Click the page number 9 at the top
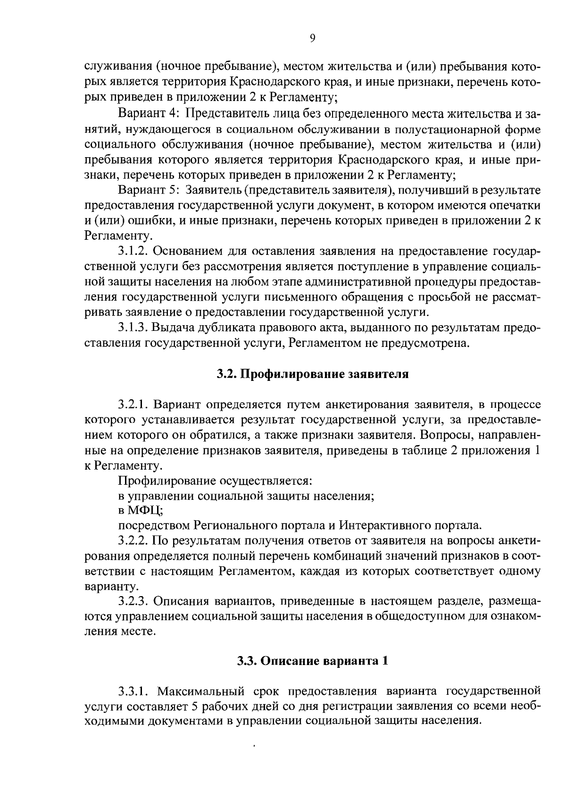[x=313, y=39]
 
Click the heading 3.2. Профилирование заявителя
[x=312, y=374]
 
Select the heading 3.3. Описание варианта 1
[x=312, y=660]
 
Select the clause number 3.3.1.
[x=134, y=691]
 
